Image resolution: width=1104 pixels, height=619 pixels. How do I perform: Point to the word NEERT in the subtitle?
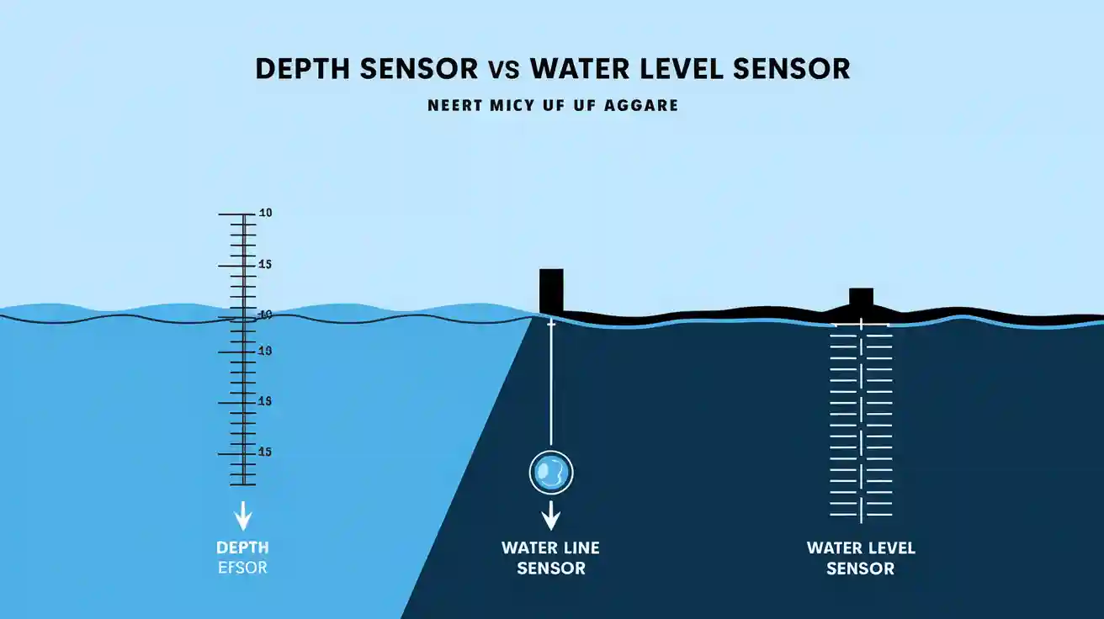[454, 107]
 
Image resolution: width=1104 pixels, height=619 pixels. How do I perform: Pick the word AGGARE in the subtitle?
[642, 107]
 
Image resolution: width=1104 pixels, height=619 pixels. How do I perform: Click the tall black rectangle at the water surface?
[551, 290]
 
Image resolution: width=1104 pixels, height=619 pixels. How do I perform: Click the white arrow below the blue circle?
[550, 515]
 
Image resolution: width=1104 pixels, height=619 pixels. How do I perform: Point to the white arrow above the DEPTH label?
[243, 514]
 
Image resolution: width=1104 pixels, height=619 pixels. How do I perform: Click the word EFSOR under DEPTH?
[241, 568]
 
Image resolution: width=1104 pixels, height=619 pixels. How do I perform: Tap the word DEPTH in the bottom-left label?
[241, 548]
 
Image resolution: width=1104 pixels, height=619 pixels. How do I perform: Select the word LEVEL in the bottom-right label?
[886, 548]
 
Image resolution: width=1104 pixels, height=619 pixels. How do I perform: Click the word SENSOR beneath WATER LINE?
[550, 569]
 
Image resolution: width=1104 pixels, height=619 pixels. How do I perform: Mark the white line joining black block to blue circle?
[550, 387]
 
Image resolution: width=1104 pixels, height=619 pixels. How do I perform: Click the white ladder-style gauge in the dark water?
[861, 421]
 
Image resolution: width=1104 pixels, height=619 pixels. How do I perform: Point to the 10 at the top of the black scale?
[265, 214]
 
